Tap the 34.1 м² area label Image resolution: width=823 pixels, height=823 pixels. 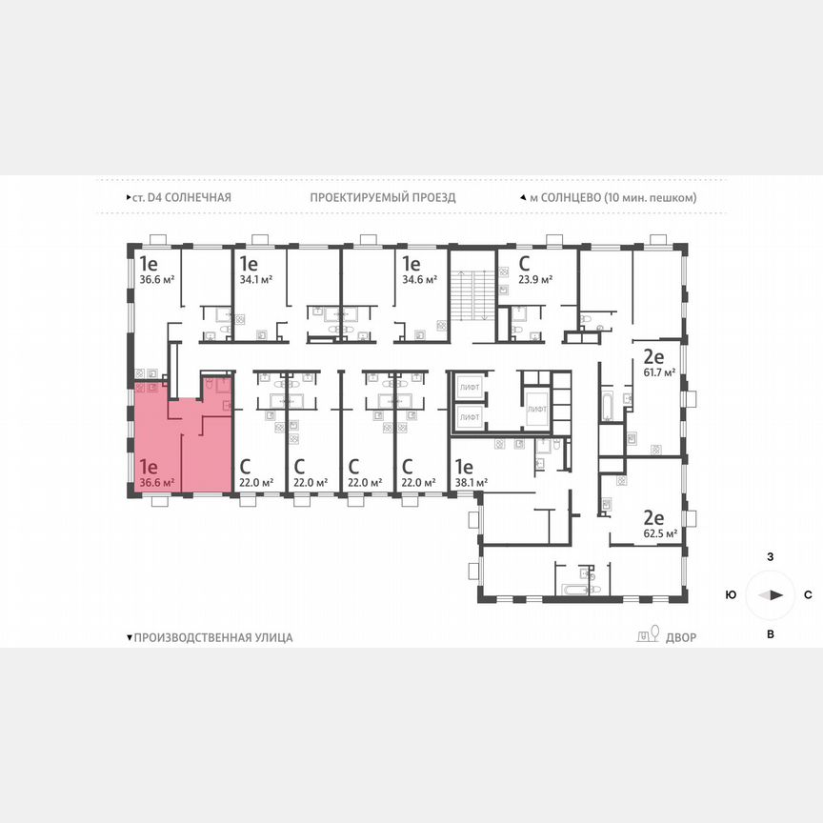pyautogui.click(x=256, y=280)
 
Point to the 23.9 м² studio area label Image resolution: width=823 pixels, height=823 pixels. pyautogui.click(x=535, y=280)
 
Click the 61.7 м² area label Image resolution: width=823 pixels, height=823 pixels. pyautogui.click(x=658, y=372)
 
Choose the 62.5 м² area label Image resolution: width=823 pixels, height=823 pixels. pyautogui.click(x=658, y=533)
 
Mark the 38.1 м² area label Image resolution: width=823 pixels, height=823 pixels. pyautogui.click(x=471, y=482)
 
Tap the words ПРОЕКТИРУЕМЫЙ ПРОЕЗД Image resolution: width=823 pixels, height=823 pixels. pyautogui.click(x=383, y=197)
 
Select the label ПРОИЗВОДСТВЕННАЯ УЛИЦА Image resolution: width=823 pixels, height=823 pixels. pyautogui.click(x=213, y=637)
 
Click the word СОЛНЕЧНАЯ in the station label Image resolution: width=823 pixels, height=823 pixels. pyautogui.click(x=197, y=197)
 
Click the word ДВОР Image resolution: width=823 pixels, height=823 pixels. pyautogui.click(x=681, y=637)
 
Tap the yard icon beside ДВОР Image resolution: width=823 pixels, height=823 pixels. pyautogui.click(x=648, y=636)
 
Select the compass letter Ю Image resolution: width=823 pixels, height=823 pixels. pyautogui.click(x=730, y=594)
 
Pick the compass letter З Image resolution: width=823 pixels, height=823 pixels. pyautogui.click(x=770, y=555)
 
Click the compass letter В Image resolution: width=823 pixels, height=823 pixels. pyautogui.click(x=770, y=633)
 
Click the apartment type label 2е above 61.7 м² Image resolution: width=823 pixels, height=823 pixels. pyautogui.click(x=653, y=357)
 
